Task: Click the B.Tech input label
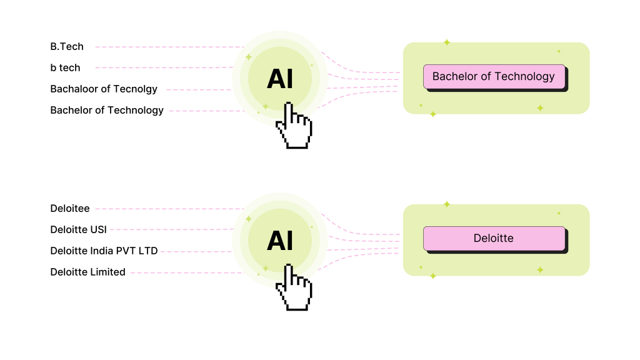click(67, 46)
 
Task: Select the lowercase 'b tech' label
click(65, 67)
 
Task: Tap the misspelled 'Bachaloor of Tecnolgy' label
click(104, 89)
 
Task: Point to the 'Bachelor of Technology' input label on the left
click(107, 110)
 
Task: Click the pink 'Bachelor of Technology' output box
click(494, 76)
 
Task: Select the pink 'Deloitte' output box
click(494, 238)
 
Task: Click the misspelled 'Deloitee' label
click(70, 209)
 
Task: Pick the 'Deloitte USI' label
click(78, 230)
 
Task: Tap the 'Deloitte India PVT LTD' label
click(104, 251)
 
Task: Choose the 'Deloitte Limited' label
click(87, 272)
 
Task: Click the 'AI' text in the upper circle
click(280, 79)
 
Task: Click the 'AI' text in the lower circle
click(280, 241)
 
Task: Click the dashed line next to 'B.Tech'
click(169, 47)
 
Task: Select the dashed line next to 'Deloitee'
click(169, 209)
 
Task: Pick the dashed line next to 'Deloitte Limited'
click(187, 272)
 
